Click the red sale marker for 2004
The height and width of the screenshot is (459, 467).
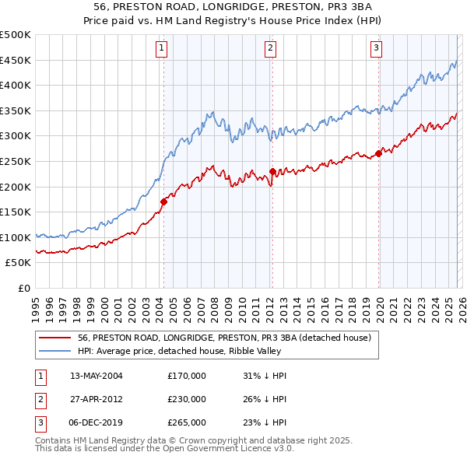163,201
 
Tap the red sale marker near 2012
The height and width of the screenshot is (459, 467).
272,171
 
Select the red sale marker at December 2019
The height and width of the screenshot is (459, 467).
378,153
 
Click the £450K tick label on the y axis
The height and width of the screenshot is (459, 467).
16,60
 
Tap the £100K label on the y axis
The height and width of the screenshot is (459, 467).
16,237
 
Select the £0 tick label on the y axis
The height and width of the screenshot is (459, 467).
23,288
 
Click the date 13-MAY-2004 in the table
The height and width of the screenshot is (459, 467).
96,376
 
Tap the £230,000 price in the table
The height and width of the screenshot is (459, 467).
187,399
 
